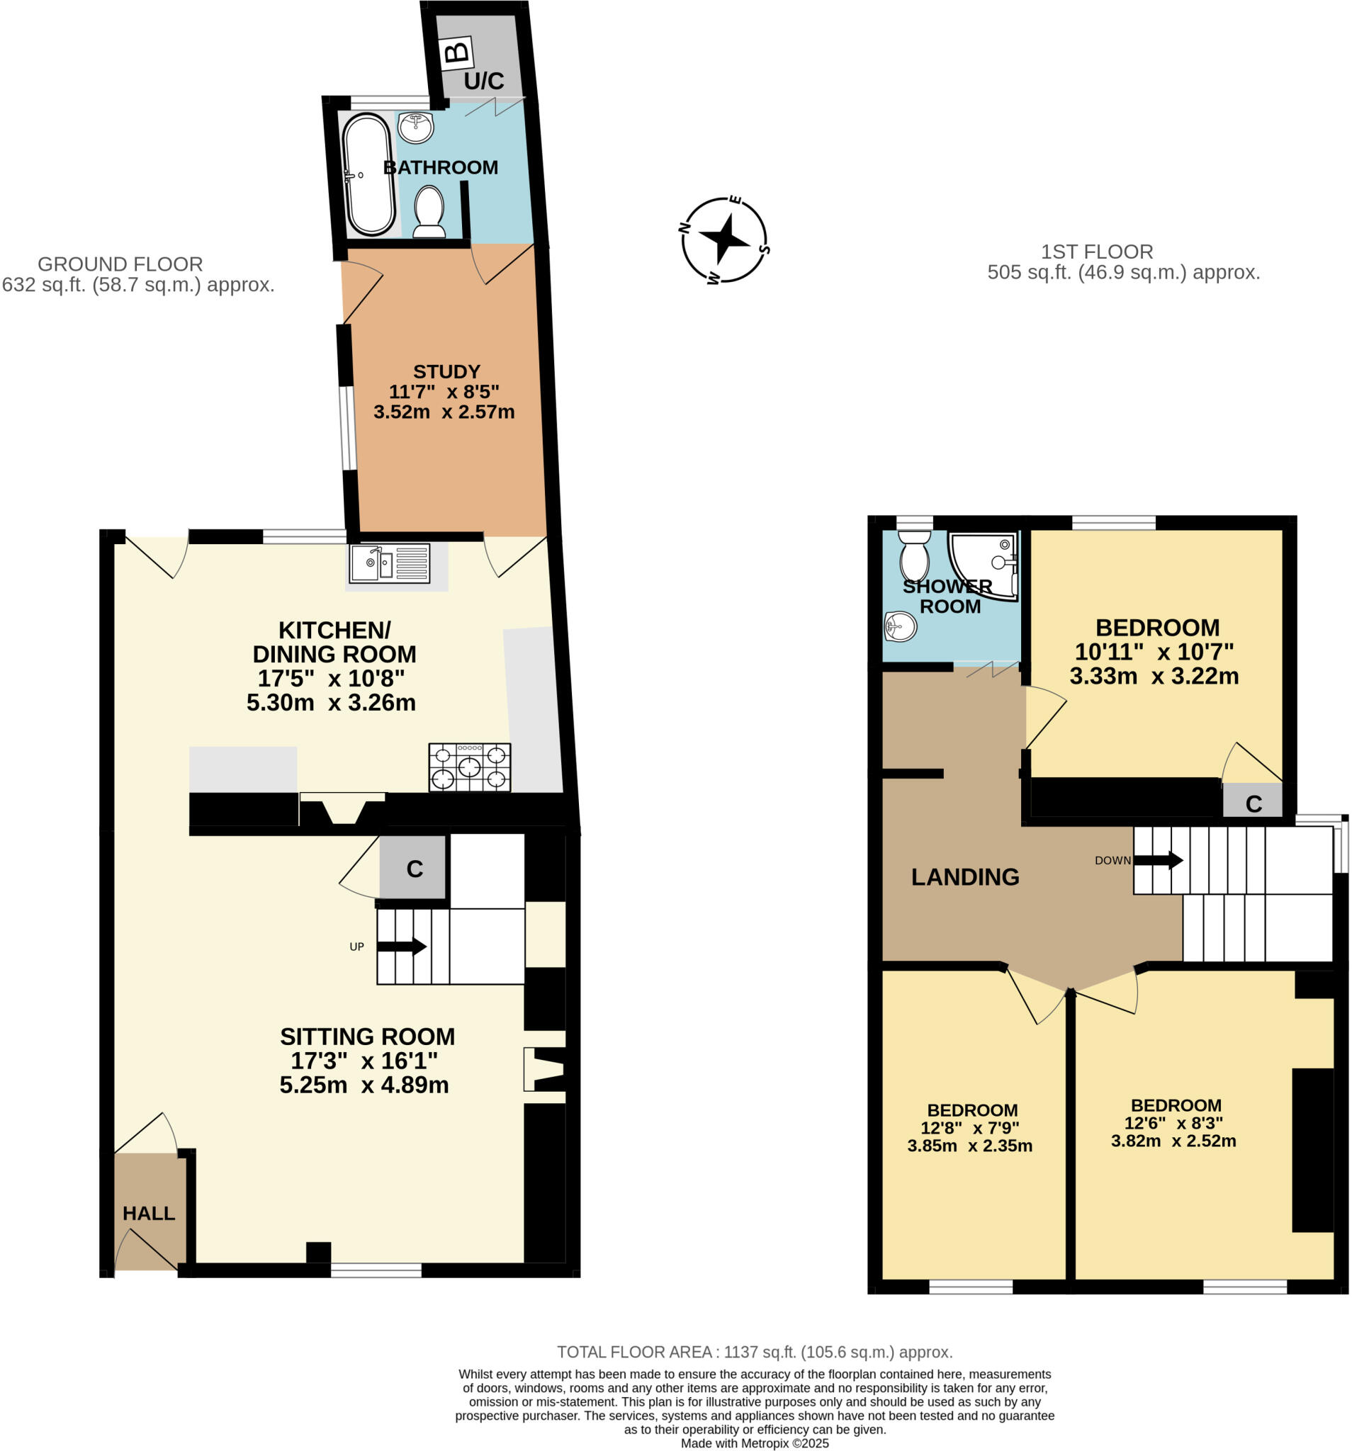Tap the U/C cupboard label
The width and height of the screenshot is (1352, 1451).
(483, 81)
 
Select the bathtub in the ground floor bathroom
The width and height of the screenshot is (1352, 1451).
(368, 174)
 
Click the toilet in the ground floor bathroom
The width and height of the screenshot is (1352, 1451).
(429, 211)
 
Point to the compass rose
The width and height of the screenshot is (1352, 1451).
(723, 239)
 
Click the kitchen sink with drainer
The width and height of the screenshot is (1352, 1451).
(388, 563)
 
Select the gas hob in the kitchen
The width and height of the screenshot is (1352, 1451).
(468, 767)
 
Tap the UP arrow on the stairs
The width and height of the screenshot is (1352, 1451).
(401, 946)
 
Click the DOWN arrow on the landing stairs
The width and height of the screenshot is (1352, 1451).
(1157, 860)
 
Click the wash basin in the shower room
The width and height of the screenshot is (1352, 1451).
(899, 626)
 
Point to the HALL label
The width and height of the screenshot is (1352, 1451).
(148, 1213)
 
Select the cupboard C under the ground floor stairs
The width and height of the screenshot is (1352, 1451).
(414, 869)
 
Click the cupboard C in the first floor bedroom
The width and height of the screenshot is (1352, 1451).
(1253, 803)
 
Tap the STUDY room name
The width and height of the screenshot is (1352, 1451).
(446, 371)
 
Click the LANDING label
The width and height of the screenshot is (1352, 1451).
(964, 876)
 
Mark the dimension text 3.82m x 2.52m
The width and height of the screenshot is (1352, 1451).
(1173, 1141)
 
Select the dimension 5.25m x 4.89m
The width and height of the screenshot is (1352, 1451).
(364, 1085)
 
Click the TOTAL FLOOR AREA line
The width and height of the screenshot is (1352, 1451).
(754, 1352)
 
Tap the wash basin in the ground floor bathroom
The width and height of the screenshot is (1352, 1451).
(415, 128)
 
